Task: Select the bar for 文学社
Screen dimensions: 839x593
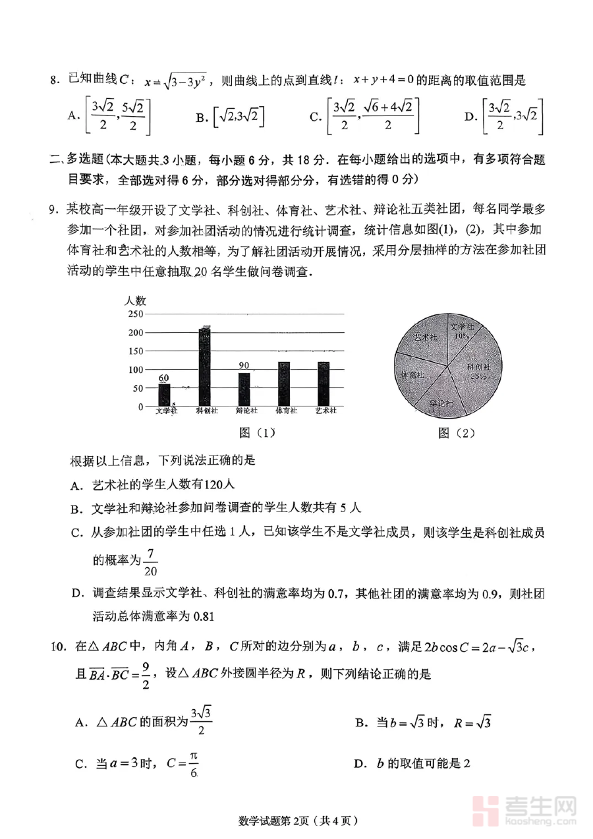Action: click(164, 395)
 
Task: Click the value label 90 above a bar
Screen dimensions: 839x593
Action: click(244, 366)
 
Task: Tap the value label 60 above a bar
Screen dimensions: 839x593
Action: click(164, 378)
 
